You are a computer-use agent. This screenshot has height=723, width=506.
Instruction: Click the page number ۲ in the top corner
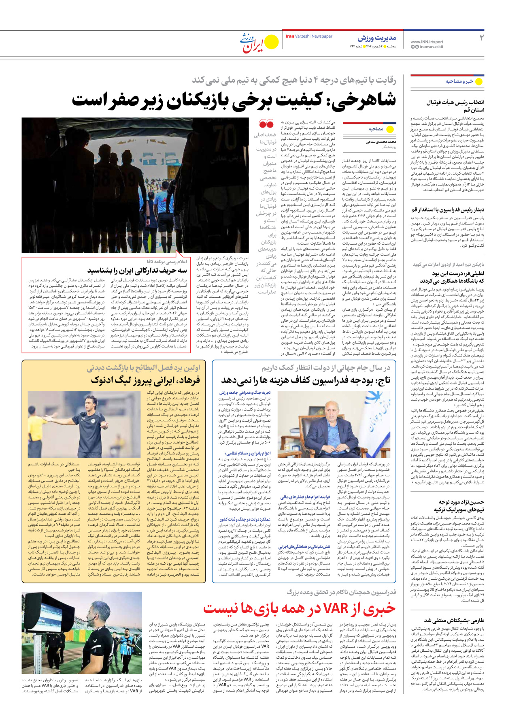coord(481,38)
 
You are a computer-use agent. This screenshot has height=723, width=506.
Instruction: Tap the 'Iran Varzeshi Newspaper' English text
coord(308,36)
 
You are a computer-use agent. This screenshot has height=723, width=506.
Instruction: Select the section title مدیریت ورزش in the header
coord(376,38)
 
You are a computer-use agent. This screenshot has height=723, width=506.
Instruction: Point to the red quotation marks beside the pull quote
coord(266,124)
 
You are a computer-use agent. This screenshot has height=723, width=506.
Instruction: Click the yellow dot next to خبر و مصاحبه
coord(478,81)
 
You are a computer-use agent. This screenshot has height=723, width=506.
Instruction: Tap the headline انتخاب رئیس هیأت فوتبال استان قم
coord(455,106)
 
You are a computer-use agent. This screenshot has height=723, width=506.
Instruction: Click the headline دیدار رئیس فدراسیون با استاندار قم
coord(448,209)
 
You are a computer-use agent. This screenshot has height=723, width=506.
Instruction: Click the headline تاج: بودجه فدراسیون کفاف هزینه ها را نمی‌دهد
coord(305,380)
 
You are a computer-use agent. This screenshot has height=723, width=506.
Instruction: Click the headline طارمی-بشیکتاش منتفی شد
coord(454,621)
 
